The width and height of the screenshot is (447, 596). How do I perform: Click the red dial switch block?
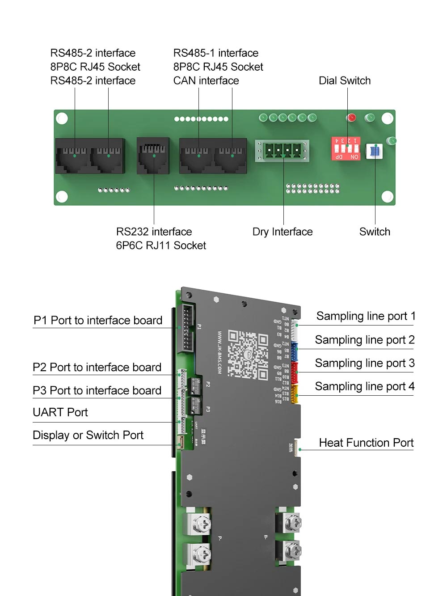click(x=346, y=148)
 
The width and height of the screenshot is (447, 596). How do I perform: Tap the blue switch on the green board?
click(x=375, y=151)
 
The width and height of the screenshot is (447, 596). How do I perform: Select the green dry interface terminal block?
click(x=283, y=151)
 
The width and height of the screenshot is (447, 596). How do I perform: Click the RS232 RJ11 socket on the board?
click(x=153, y=155)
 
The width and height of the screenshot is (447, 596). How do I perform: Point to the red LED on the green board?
click(x=351, y=118)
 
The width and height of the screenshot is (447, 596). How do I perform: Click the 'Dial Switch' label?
click(x=345, y=81)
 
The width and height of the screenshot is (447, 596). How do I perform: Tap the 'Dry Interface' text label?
click(x=283, y=232)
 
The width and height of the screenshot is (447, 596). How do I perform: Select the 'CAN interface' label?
click(x=206, y=81)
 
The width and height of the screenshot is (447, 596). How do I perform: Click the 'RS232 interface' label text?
click(x=154, y=232)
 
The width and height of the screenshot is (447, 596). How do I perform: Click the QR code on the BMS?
click(x=248, y=355)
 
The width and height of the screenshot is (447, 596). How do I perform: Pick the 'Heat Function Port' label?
click(x=366, y=443)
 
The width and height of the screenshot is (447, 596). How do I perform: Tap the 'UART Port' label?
click(x=60, y=412)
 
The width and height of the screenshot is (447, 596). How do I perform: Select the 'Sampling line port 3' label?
click(x=365, y=363)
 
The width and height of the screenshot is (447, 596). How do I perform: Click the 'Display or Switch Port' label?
click(x=88, y=435)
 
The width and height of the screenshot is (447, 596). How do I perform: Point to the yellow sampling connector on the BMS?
click(x=295, y=394)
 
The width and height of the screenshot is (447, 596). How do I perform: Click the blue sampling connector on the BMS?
click(x=294, y=351)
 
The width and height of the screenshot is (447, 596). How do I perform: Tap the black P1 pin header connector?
click(x=187, y=328)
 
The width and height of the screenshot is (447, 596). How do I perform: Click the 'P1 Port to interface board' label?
click(x=98, y=321)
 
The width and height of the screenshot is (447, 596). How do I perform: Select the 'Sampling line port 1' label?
click(x=366, y=316)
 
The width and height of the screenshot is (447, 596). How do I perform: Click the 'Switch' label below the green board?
click(x=375, y=232)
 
